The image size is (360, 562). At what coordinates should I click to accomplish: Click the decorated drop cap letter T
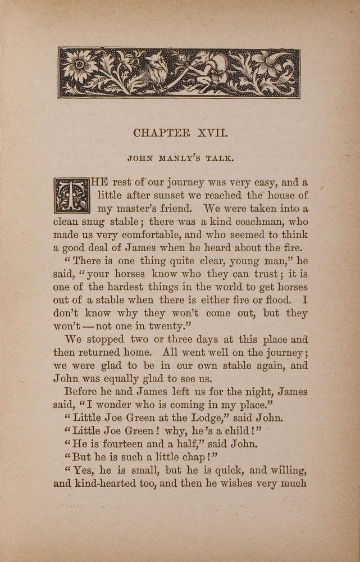pos(71,196)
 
